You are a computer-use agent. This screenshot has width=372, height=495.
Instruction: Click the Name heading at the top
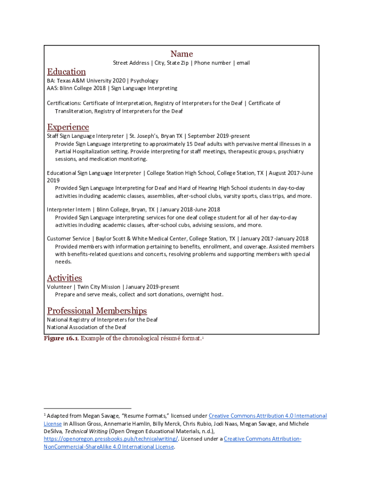(x=181, y=54)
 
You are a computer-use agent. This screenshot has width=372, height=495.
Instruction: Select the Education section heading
(x=66, y=72)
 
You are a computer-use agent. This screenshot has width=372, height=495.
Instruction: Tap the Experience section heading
(x=68, y=127)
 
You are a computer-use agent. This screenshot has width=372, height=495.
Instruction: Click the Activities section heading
(x=64, y=278)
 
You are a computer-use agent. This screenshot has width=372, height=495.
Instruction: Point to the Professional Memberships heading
(x=97, y=311)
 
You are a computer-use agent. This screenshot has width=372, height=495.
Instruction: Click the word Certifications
(x=64, y=103)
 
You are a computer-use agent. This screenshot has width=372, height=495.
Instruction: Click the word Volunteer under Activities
(x=59, y=287)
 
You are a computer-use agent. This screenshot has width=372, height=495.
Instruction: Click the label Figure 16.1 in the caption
(x=61, y=338)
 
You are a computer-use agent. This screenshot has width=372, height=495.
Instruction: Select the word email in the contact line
(x=243, y=63)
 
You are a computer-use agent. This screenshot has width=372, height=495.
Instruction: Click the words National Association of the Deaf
(x=86, y=327)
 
